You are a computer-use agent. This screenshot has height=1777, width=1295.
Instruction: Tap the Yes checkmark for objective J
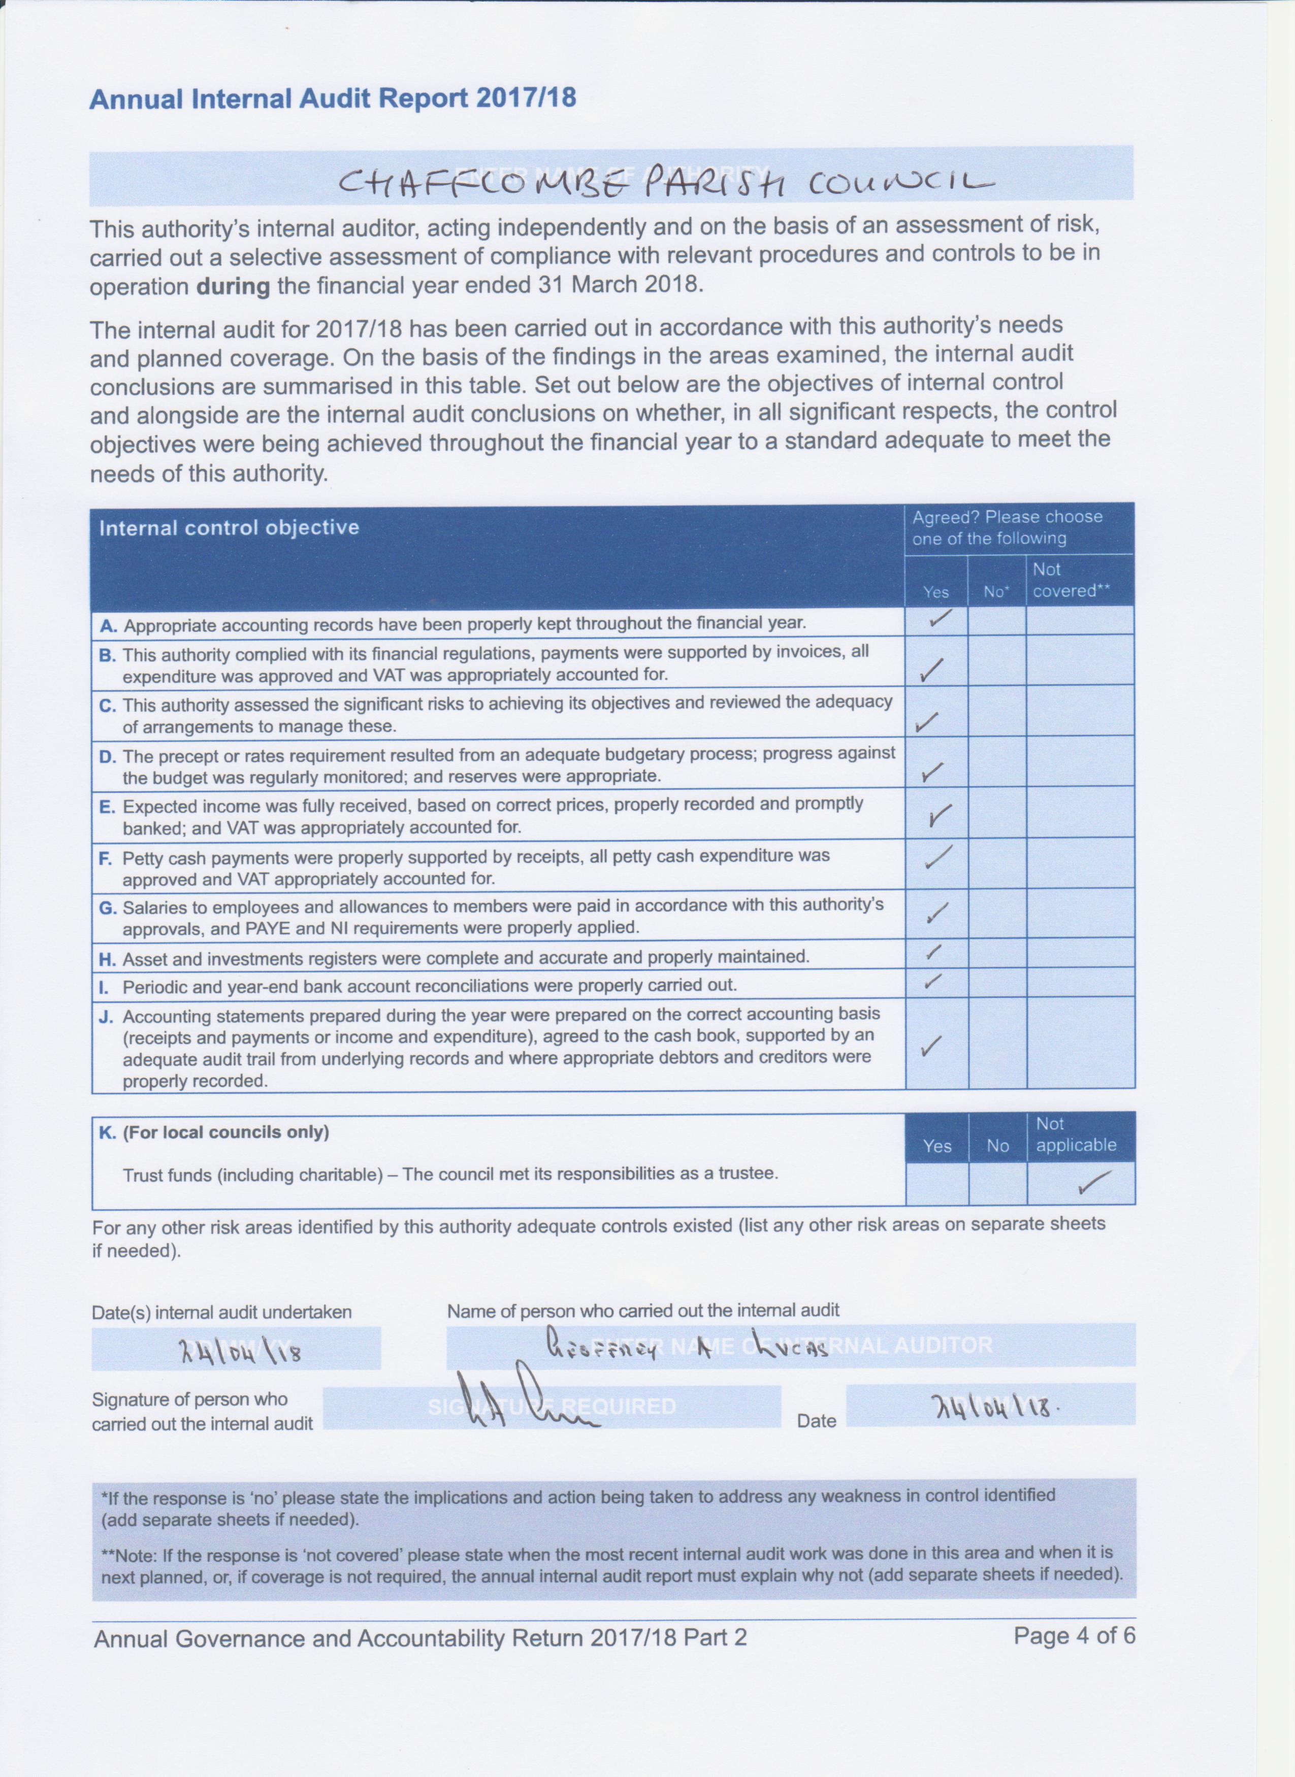(x=931, y=1045)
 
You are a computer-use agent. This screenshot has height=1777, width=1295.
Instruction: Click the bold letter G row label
(x=107, y=908)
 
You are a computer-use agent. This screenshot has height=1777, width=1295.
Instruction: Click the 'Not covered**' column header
(x=1071, y=581)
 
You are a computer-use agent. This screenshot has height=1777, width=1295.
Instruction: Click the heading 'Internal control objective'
(x=229, y=527)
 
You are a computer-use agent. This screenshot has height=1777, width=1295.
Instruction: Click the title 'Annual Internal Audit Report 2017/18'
(x=333, y=98)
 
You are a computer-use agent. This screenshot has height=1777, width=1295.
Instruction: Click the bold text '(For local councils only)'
(x=226, y=1132)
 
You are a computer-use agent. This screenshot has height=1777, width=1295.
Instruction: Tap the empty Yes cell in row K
(x=937, y=1183)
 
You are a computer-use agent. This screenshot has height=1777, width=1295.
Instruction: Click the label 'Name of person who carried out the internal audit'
(x=643, y=1310)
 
